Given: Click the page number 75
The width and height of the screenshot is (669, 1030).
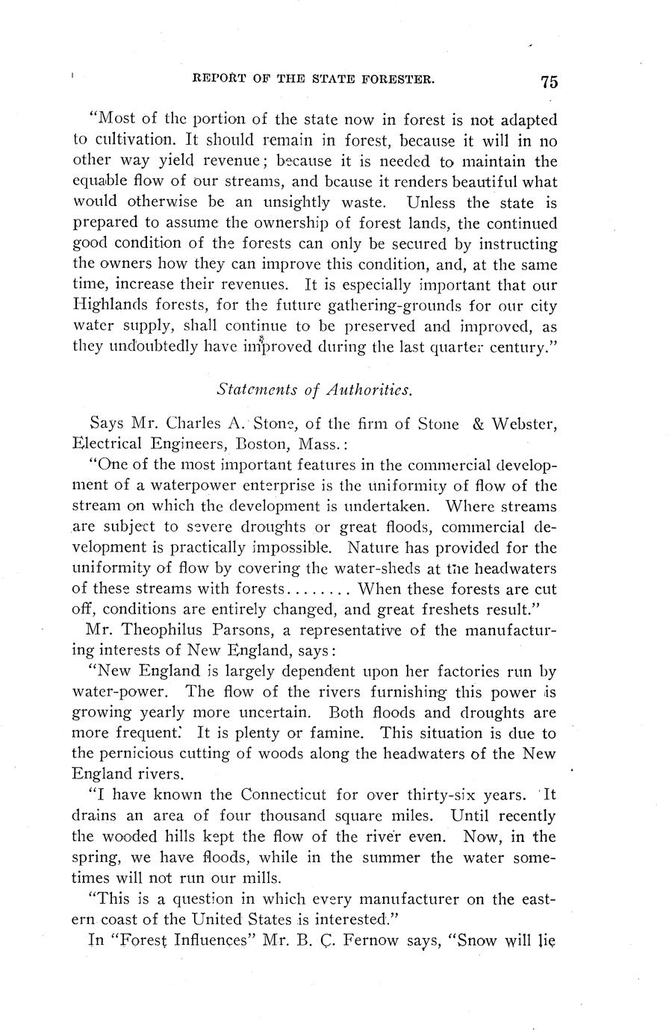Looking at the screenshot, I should [x=550, y=81].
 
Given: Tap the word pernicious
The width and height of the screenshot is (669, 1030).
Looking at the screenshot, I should [x=140, y=754].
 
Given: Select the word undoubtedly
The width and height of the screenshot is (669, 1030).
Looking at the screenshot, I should [x=158, y=346].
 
